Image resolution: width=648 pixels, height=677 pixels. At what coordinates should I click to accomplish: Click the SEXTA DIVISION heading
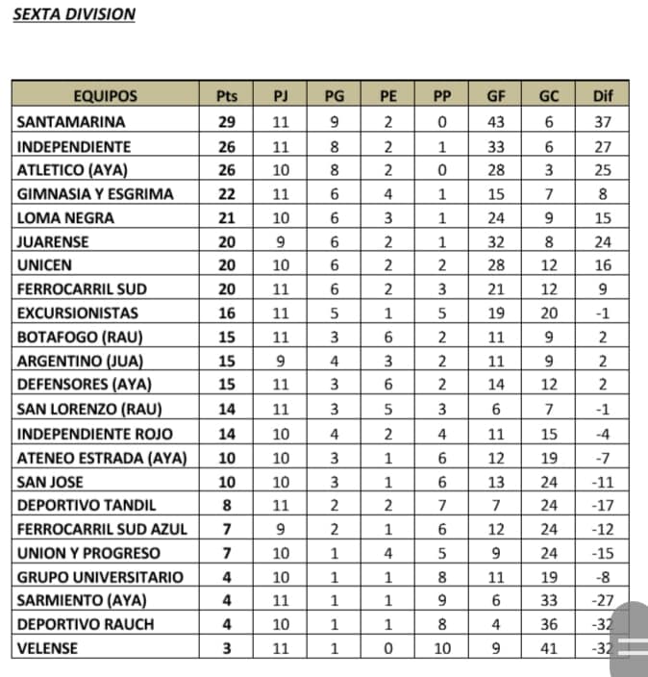[74, 14]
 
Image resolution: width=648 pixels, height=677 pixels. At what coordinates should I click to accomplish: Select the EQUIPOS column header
[106, 96]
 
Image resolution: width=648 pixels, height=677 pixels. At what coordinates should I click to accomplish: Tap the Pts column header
[227, 96]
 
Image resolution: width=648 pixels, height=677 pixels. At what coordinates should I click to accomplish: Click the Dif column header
[603, 96]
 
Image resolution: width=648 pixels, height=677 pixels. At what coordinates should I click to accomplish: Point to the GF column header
[496, 96]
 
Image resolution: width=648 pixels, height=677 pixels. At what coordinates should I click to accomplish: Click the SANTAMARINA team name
[71, 122]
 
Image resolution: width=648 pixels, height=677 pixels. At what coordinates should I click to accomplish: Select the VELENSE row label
[48, 648]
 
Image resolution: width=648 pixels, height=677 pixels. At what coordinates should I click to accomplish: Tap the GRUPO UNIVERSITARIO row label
[95, 577]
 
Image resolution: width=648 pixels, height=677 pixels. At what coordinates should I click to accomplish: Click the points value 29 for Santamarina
[227, 122]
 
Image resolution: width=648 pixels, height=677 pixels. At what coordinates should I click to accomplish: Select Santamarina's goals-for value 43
[496, 122]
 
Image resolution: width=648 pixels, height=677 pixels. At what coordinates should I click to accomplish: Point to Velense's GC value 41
[548, 648]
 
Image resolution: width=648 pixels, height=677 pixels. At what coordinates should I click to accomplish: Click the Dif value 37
[603, 122]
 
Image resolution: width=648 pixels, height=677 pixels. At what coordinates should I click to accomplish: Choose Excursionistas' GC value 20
[548, 313]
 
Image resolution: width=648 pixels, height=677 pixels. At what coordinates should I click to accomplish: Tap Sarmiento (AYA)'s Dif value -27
[603, 600]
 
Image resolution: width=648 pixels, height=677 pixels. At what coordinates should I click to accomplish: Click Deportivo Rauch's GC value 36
[548, 624]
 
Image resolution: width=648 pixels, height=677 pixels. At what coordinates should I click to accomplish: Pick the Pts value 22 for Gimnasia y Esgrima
[227, 194]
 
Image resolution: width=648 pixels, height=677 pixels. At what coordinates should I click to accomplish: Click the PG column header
[334, 96]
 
